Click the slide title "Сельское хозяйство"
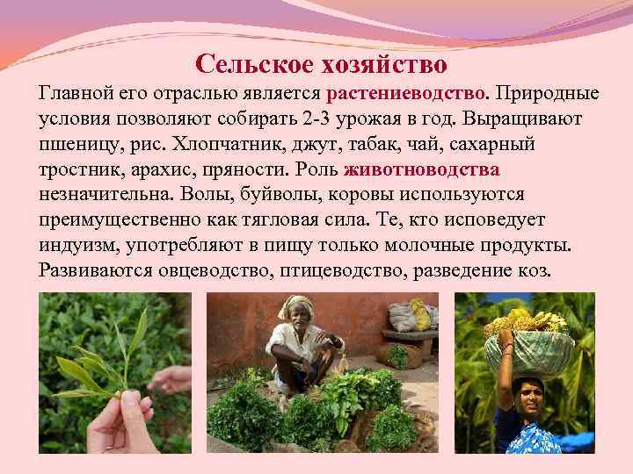[x=321, y=63]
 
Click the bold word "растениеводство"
[x=405, y=93]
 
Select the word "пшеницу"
[x=79, y=144]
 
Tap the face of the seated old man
[x=297, y=322]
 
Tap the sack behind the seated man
[x=407, y=313]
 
